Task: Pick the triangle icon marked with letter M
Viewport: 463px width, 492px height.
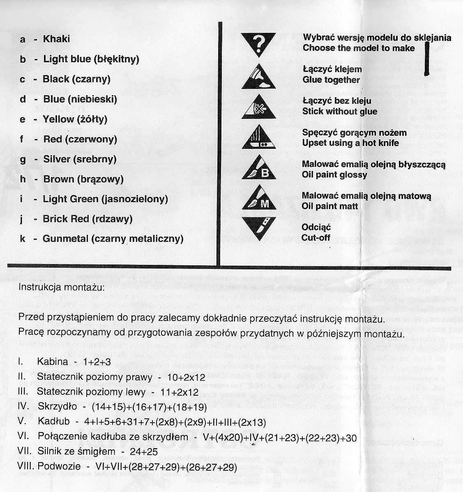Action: [x=258, y=200]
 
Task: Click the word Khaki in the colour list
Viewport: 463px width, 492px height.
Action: [x=56, y=39]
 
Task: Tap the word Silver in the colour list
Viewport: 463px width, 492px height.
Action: [x=57, y=159]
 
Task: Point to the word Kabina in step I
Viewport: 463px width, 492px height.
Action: [x=52, y=362]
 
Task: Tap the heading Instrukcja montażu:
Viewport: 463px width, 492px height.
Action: [x=62, y=287]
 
